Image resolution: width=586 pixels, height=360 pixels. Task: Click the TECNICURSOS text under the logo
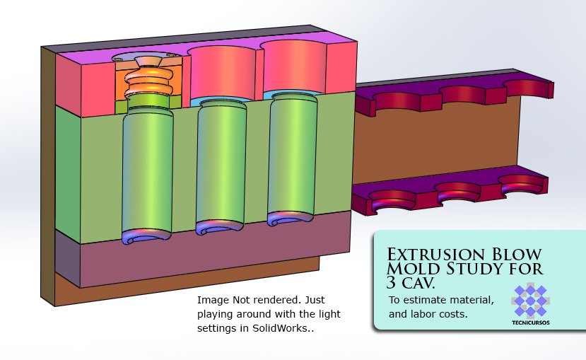[531, 323]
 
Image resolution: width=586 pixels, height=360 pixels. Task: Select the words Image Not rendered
[240, 300]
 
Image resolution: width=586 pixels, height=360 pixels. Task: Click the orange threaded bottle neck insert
[148, 81]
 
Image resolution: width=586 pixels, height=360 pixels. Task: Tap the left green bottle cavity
[148, 170]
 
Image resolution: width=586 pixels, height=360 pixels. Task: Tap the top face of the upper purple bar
[452, 83]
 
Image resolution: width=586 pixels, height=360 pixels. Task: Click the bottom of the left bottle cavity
[147, 236]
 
